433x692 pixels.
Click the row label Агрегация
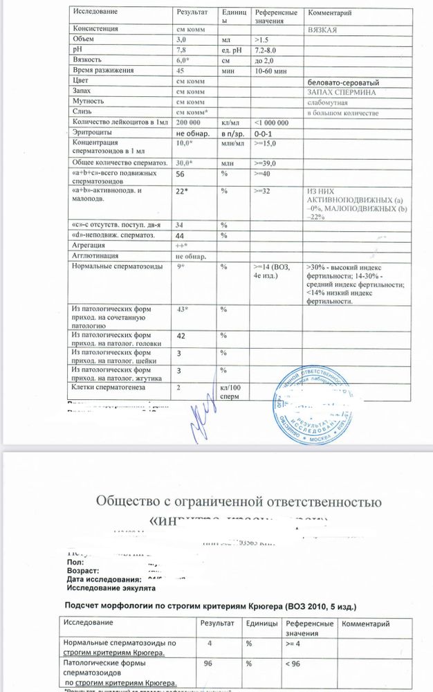click(x=88, y=246)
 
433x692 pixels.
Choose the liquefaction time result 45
click(x=180, y=71)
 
